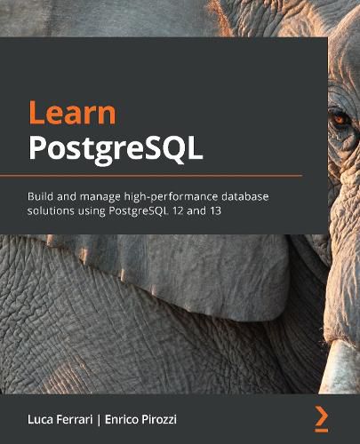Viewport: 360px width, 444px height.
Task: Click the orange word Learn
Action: click(x=72, y=115)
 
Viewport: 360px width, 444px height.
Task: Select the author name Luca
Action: click(x=44, y=416)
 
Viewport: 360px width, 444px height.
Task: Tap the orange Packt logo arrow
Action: click(x=322, y=415)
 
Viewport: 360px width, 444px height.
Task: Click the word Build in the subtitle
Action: click(x=42, y=194)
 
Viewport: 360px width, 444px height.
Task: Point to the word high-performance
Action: click(x=176, y=194)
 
